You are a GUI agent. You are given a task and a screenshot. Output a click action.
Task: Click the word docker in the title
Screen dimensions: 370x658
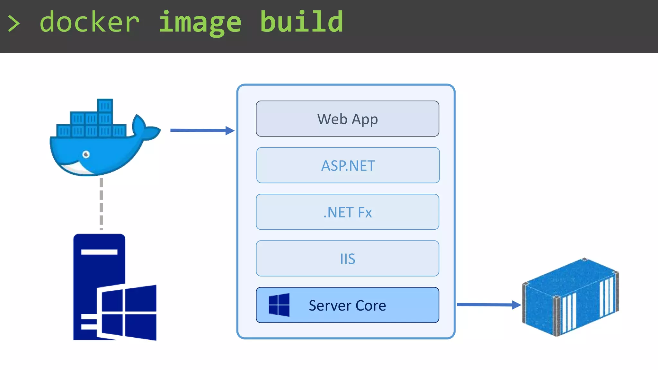(x=90, y=22)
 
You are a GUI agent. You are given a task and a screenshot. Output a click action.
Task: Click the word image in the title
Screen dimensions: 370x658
(x=200, y=22)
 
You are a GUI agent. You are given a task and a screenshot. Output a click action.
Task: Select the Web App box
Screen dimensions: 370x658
(x=347, y=119)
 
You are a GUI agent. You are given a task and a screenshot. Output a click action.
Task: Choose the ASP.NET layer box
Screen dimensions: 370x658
(x=348, y=165)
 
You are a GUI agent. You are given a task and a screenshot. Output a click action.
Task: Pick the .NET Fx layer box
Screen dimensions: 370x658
(x=347, y=212)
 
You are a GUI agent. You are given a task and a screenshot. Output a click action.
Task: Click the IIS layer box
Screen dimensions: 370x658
(x=347, y=259)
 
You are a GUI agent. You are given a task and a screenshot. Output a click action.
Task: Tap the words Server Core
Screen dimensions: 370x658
(x=347, y=305)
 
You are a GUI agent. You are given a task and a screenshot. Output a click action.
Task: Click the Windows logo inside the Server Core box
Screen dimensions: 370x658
(x=279, y=305)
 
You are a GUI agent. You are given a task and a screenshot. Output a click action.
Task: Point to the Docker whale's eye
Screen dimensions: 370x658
(x=86, y=154)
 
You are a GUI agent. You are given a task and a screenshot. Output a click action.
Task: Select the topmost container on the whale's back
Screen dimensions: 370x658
(x=105, y=105)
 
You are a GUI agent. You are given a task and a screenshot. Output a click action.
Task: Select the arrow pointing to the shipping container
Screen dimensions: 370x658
(x=488, y=304)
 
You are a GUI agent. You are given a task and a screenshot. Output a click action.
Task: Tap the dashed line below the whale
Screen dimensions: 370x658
(x=101, y=204)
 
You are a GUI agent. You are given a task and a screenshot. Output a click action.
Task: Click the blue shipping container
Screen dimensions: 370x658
(x=570, y=297)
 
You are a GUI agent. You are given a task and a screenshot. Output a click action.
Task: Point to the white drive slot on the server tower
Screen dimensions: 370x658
(x=99, y=252)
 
